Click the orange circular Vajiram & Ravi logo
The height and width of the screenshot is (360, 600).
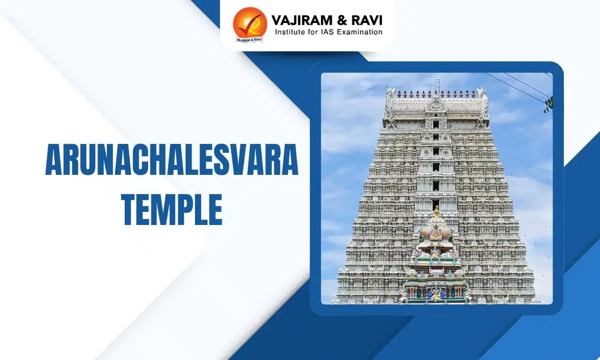point(250,23)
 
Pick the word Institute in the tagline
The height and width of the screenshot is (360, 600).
point(291,32)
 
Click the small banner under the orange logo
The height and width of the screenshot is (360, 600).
point(249,40)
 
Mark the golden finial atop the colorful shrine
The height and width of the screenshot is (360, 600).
point(436,211)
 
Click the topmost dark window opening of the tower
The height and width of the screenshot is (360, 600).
point(436,125)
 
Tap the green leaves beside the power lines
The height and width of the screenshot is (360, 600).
point(548,105)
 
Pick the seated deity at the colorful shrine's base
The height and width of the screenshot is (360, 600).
point(436,293)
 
